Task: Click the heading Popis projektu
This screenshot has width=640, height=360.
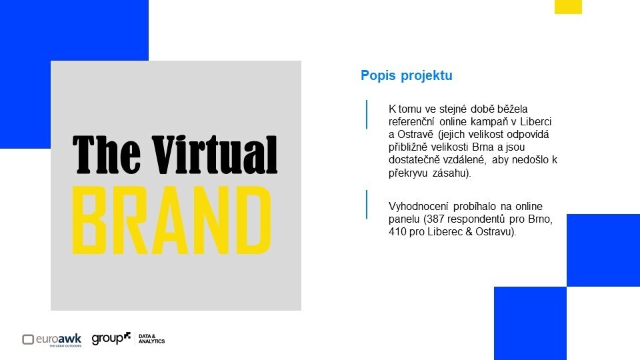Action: [x=407, y=75]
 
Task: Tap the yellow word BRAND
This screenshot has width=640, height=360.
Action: [x=171, y=221]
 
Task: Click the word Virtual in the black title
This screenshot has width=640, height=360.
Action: [x=215, y=155]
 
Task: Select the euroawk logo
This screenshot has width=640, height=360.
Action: [x=52, y=339]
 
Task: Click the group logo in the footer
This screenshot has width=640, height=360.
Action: [x=111, y=339]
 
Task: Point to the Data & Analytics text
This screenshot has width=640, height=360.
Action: [x=151, y=339]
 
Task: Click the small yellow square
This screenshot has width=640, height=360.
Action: [x=568, y=7]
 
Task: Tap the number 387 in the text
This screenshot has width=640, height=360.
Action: [x=435, y=219]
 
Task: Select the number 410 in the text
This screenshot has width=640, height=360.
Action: [x=397, y=232]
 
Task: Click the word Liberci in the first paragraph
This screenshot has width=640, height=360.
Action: [x=535, y=121]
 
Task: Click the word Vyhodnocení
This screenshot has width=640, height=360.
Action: [x=419, y=206]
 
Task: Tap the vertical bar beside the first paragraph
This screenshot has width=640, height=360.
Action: [x=367, y=115]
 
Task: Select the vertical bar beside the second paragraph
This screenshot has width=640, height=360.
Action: [x=367, y=205]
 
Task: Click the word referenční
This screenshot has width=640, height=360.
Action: [x=411, y=121]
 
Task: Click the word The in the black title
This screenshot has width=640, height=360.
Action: [x=107, y=155]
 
